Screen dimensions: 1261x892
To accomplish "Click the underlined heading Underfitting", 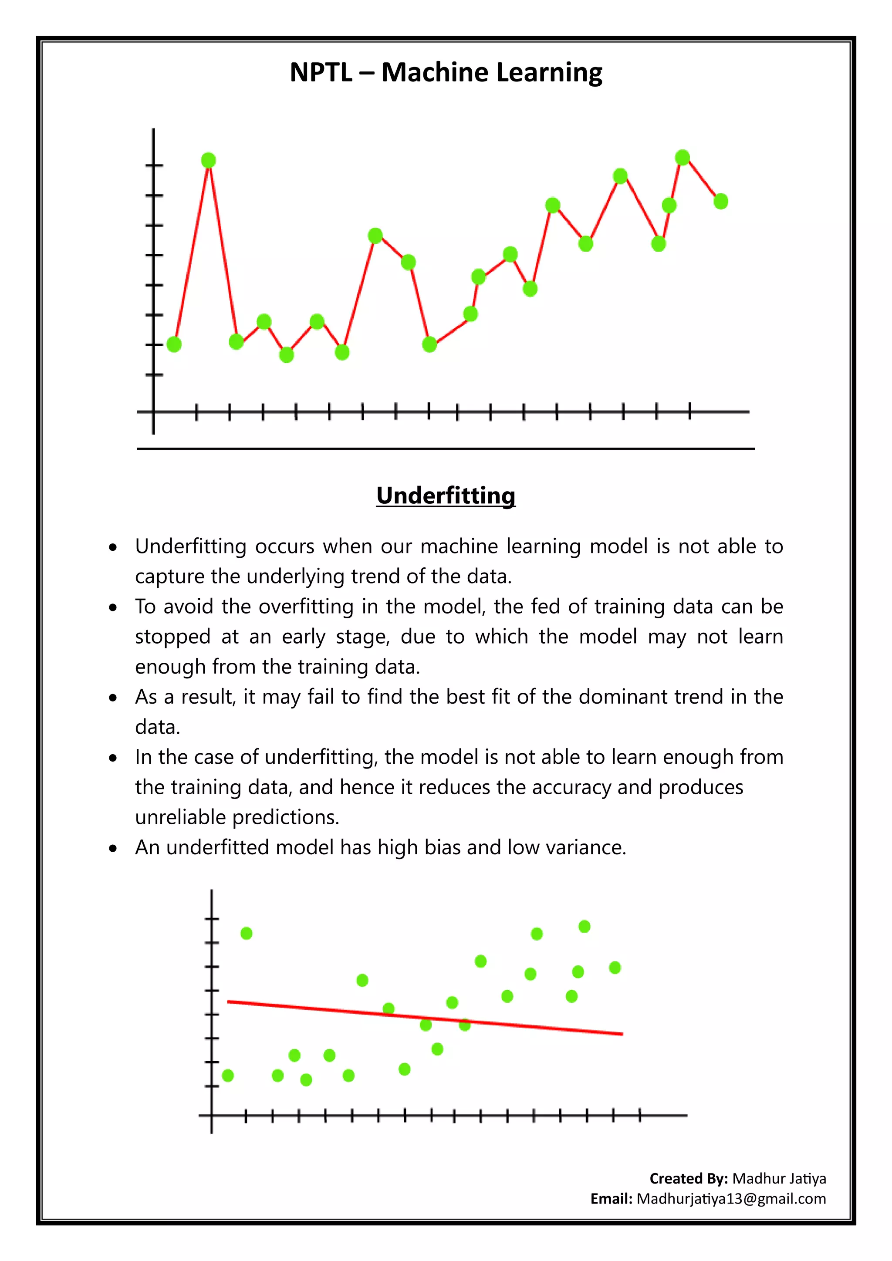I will pyautogui.click(x=446, y=496).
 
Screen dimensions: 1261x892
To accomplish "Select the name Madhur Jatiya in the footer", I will pyautogui.click(x=779, y=1178).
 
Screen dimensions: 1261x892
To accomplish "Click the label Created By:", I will pyautogui.click(x=689, y=1178).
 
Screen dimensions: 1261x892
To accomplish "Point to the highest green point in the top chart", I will pyautogui.click(x=682, y=158).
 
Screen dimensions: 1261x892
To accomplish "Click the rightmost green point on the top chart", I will pyautogui.click(x=721, y=202).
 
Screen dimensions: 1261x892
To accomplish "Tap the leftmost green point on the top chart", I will pyautogui.click(x=174, y=344).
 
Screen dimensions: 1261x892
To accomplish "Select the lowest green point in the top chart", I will pyautogui.click(x=287, y=355).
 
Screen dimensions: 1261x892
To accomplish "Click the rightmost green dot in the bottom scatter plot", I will pyautogui.click(x=615, y=968).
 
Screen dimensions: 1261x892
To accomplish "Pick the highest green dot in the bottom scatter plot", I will pyautogui.click(x=585, y=927).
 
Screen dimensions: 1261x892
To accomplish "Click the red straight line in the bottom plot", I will pyautogui.click(x=425, y=1018).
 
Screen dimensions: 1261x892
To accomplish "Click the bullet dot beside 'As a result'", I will pyautogui.click(x=113, y=698).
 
